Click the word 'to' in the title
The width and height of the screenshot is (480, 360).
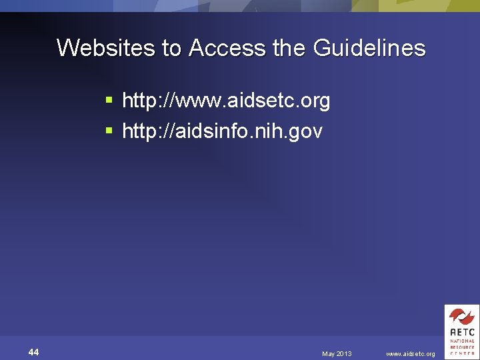pos(171,48)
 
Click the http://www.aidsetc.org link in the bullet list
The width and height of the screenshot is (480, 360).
pos(226,101)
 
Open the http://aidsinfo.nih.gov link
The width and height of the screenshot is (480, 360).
pos(222,131)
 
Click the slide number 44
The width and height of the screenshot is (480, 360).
pos(33,352)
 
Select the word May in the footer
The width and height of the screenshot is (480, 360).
pos(329,353)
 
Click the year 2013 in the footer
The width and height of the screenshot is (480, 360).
pos(344,353)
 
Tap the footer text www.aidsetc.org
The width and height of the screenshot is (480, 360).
pos(410,353)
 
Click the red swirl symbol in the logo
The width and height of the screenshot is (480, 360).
pos(461,316)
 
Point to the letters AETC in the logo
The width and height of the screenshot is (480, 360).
pos(461,331)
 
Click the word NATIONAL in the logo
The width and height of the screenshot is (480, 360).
pos(461,341)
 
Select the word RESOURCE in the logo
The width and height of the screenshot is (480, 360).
pos(461,347)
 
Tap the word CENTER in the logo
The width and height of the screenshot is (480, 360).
pos(461,353)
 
